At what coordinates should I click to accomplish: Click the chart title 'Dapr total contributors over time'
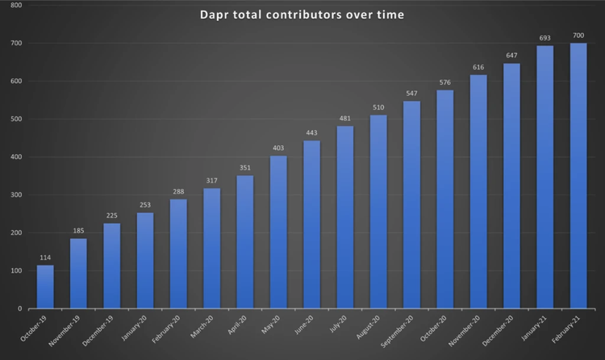tap(302, 15)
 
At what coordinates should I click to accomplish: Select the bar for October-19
tap(45, 287)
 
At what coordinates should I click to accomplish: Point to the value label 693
tap(545, 39)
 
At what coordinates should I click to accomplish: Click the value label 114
tap(45, 258)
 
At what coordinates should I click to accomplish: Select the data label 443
tap(311, 133)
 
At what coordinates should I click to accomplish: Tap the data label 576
tap(445, 82)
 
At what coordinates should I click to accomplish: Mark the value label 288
tap(178, 192)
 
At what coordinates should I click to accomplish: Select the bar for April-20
tap(244, 241)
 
